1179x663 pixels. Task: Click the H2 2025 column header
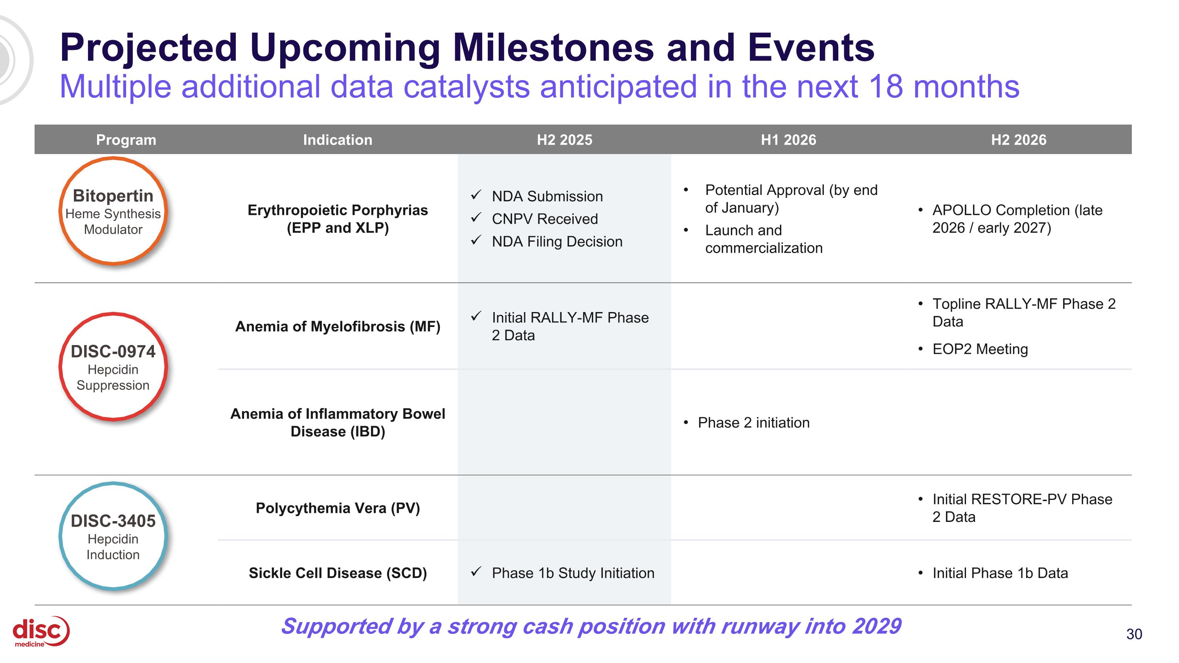click(564, 140)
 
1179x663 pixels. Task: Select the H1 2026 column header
click(788, 140)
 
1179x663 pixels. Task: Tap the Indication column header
click(337, 140)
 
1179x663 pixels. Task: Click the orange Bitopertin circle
click(113, 211)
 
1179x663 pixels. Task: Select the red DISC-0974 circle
click(113, 367)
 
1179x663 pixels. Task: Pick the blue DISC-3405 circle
click(113, 536)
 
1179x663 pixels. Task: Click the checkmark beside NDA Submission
click(476, 195)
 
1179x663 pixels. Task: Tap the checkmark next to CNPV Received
click(476, 217)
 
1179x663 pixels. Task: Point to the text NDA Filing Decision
click(557, 241)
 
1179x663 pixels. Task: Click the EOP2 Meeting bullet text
click(980, 349)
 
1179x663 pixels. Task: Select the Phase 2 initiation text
click(753, 422)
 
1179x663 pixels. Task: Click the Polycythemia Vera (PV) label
click(337, 508)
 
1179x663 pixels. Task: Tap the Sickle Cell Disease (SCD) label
click(337, 573)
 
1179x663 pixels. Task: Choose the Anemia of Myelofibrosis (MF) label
click(337, 326)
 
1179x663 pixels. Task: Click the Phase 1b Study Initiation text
click(573, 573)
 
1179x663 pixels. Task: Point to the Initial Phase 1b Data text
click(1000, 573)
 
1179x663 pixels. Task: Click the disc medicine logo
click(40, 632)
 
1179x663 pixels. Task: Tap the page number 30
click(1134, 634)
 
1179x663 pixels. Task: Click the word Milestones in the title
click(553, 48)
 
